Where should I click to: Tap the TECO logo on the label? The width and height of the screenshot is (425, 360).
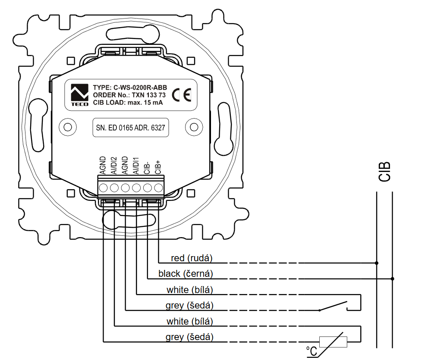[79, 95]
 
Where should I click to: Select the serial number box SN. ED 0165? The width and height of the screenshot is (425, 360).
[130, 128]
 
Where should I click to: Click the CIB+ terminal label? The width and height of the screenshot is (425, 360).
[158, 166]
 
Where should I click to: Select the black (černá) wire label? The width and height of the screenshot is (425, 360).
[186, 274]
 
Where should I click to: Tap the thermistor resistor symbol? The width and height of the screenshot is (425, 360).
[332, 342]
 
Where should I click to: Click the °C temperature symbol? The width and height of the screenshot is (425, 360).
[312, 351]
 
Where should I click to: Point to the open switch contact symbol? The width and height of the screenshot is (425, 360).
[334, 307]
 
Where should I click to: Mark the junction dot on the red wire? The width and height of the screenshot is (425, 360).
[377, 263]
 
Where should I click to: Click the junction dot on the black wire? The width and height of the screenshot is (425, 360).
[393, 279]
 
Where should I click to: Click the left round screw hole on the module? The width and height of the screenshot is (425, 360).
[67, 127]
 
